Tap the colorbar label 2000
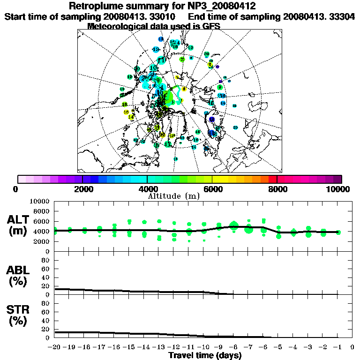click(x=82, y=189)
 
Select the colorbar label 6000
click(x=212, y=189)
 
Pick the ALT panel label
click(x=19, y=220)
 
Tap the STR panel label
click(x=19, y=309)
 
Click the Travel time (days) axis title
click(x=205, y=355)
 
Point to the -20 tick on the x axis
click(x=54, y=347)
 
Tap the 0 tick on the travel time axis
click(x=352, y=347)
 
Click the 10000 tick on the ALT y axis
click(x=40, y=201)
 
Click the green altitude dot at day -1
click(x=338, y=232)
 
